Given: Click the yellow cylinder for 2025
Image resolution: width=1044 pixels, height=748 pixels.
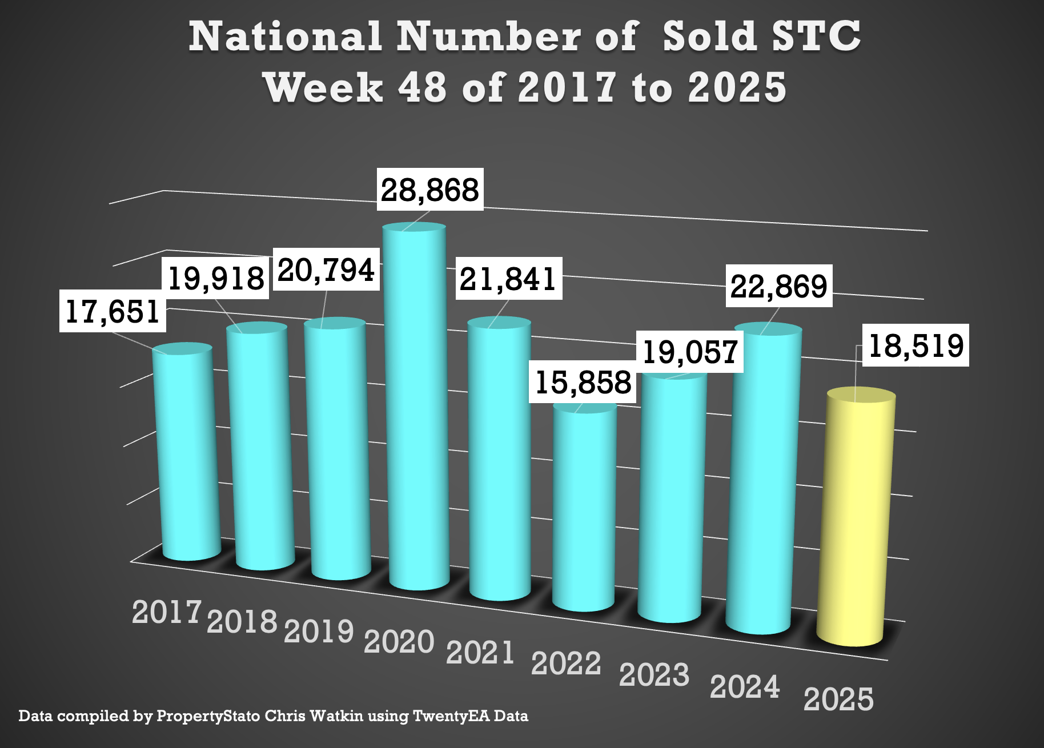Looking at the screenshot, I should (x=856, y=520).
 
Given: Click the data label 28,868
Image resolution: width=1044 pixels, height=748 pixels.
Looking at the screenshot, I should (x=430, y=190).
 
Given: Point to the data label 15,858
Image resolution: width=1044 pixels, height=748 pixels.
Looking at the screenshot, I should (x=583, y=382).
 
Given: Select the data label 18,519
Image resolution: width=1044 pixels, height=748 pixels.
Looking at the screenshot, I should (x=915, y=345).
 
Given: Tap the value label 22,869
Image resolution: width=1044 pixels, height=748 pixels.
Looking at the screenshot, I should (x=779, y=286).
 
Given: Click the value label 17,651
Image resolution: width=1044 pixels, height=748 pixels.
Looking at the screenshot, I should (x=113, y=311).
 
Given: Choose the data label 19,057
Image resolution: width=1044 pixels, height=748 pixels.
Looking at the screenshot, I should (x=690, y=352).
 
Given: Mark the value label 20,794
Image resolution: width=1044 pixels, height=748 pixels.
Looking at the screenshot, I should (x=326, y=270).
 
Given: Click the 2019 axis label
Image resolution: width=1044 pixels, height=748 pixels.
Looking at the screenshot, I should (x=319, y=631).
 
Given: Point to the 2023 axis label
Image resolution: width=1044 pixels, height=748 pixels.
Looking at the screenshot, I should (x=654, y=675).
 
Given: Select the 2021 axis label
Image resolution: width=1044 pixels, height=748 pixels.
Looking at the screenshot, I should (x=480, y=652).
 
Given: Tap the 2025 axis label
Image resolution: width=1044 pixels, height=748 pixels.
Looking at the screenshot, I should (x=838, y=699).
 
